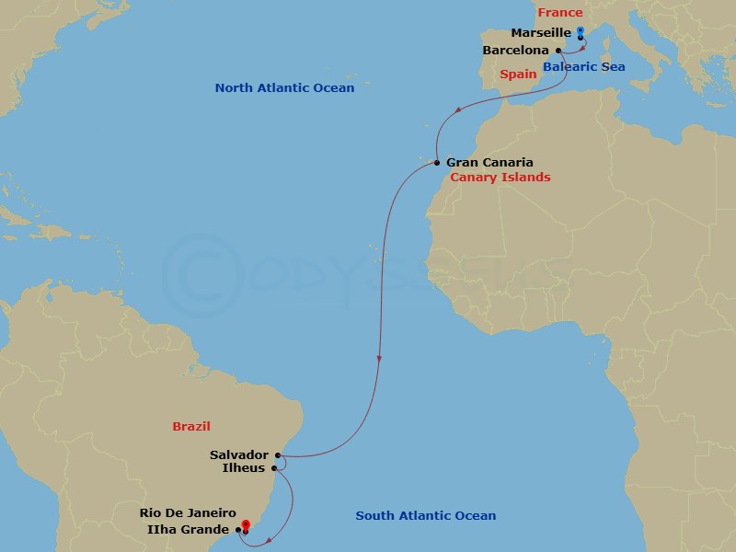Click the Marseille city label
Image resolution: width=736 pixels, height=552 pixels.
(x=542, y=32)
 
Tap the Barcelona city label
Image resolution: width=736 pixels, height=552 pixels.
(x=516, y=50)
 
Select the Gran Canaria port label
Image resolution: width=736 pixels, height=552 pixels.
(x=489, y=162)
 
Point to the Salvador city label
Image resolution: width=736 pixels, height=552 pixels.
(x=239, y=454)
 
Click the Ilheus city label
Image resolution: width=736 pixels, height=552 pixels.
(x=244, y=468)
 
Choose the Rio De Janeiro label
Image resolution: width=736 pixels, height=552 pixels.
(x=188, y=513)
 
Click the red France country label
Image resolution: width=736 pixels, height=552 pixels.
(x=560, y=12)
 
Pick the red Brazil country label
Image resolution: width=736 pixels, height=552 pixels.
(x=191, y=426)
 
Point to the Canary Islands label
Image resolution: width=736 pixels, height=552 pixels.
(x=500, y=177)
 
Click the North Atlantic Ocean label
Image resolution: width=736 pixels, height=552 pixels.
(x=284, y=88)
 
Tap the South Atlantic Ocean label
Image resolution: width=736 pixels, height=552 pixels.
(x=426, y=516)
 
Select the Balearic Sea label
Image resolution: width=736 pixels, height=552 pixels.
(x=585, y=67)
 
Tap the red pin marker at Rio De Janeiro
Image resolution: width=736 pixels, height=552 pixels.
(x=245, y=526)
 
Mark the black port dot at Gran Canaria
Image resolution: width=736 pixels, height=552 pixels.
(x=436, y=163)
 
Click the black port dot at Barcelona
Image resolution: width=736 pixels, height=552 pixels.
(x=558, y=50)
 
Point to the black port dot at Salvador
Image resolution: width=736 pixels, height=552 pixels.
(x=277, y=454)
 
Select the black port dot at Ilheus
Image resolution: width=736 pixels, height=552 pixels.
(x=274, y=468)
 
